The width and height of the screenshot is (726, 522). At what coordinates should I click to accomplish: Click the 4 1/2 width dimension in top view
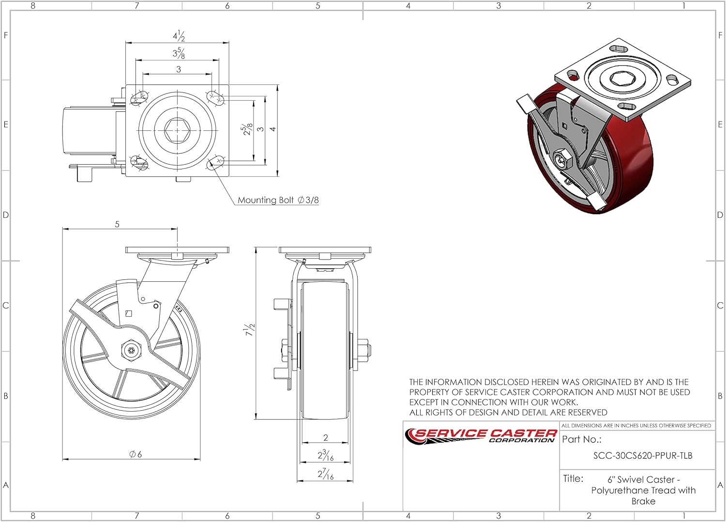pyautogui.click(x=179, y=36)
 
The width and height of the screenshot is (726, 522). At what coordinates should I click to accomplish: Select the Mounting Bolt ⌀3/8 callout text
pyautogui.click(x=278, y=200)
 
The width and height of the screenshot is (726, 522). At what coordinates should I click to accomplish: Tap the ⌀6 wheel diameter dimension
pyautogui.click(x=136, y=454)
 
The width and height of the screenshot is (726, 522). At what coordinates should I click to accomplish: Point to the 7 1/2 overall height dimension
pyautogui.click(x=250, y=330)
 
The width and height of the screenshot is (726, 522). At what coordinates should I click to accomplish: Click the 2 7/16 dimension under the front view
pyautogui.click(x=325, y=475)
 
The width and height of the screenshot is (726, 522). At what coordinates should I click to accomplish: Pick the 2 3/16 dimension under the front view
pyautogui.click(x=325, y=456)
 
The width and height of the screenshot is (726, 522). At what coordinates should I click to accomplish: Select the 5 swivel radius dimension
pyautogui.click(x=117, y=224)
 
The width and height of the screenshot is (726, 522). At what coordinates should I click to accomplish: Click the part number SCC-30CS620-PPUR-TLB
pyautogui.click(x=643, y=456)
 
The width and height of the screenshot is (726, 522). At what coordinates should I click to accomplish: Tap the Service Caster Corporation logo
pyautogui.click(x=481, y=435)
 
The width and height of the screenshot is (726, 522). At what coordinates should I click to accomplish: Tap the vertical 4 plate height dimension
pyautogui.click(x=273, y=129)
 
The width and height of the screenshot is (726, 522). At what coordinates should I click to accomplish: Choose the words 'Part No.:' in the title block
pyautogui.click(x=581, y=440)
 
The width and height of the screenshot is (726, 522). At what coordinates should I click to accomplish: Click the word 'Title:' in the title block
pyautogui.click(x=573, y=479)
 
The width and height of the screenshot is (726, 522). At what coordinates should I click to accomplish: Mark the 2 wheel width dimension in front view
pyautogui.click(x=325, y=438)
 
